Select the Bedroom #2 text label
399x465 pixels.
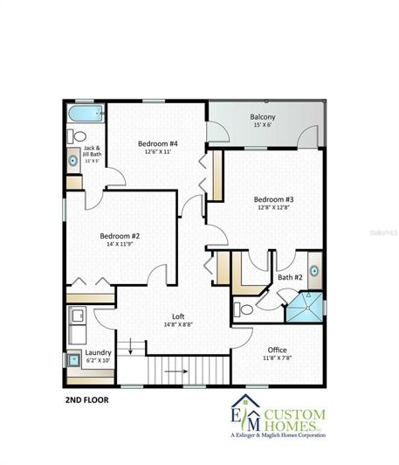pos(119,236)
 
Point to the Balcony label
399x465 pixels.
pos(263,117)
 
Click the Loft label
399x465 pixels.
pos(177,316)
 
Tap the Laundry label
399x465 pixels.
pos(98,353)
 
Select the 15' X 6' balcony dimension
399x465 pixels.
pos(263,126)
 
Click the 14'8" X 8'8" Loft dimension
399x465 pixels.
pos(177,324)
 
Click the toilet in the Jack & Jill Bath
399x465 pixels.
pos(78,135)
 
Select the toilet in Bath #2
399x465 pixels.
pos(247,308)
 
